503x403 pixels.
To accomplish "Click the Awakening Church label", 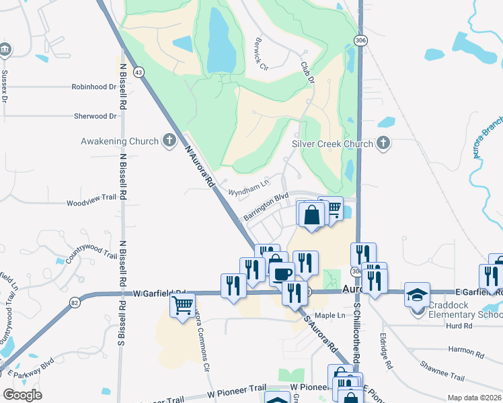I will point(120,141).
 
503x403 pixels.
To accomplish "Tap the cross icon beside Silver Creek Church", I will point(383,143).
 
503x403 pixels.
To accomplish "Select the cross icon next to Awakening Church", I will point(169,141).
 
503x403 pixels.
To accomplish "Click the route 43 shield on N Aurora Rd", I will point(139,71).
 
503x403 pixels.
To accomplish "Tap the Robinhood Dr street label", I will point(94,87).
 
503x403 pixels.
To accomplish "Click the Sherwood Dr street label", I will point(95,116).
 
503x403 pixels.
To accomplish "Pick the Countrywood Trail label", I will point(91,255).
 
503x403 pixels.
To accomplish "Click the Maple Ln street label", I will point(330,315).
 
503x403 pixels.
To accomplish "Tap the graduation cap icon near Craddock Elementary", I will point(417,296).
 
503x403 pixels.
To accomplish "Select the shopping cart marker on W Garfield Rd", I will point(183,306).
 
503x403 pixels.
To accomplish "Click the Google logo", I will point(23,394).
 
